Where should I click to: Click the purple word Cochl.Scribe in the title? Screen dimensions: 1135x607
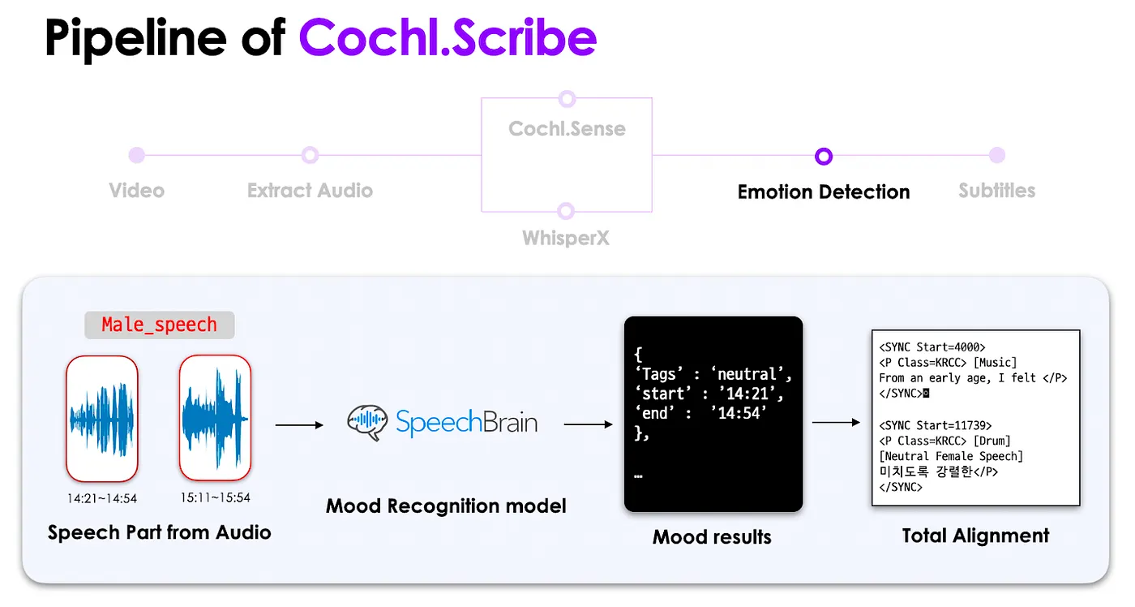448,37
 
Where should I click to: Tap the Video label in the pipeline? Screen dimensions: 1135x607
137,191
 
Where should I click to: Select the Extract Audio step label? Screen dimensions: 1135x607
310,191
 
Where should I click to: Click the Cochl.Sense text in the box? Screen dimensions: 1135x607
567,129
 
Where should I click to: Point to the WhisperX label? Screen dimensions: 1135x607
566,238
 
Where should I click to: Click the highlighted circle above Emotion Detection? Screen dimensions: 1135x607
824,156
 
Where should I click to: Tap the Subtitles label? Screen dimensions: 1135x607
996,191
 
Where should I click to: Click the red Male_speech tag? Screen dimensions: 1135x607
159,325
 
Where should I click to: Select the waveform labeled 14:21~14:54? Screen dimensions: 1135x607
102,419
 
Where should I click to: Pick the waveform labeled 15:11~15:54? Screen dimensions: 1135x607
216,418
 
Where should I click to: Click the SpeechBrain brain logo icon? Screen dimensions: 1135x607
367,422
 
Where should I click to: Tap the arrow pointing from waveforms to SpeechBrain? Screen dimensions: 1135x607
299,425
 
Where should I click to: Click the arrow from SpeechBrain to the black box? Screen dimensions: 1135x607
589,424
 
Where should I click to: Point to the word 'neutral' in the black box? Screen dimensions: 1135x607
747,374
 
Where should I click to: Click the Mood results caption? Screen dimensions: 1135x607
712,537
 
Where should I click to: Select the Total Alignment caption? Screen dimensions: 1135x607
975,536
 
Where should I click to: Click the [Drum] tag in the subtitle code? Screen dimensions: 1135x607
992,441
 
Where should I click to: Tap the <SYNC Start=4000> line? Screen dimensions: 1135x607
932,347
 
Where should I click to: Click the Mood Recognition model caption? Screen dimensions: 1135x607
446,506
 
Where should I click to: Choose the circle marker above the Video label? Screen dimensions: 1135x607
137,155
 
